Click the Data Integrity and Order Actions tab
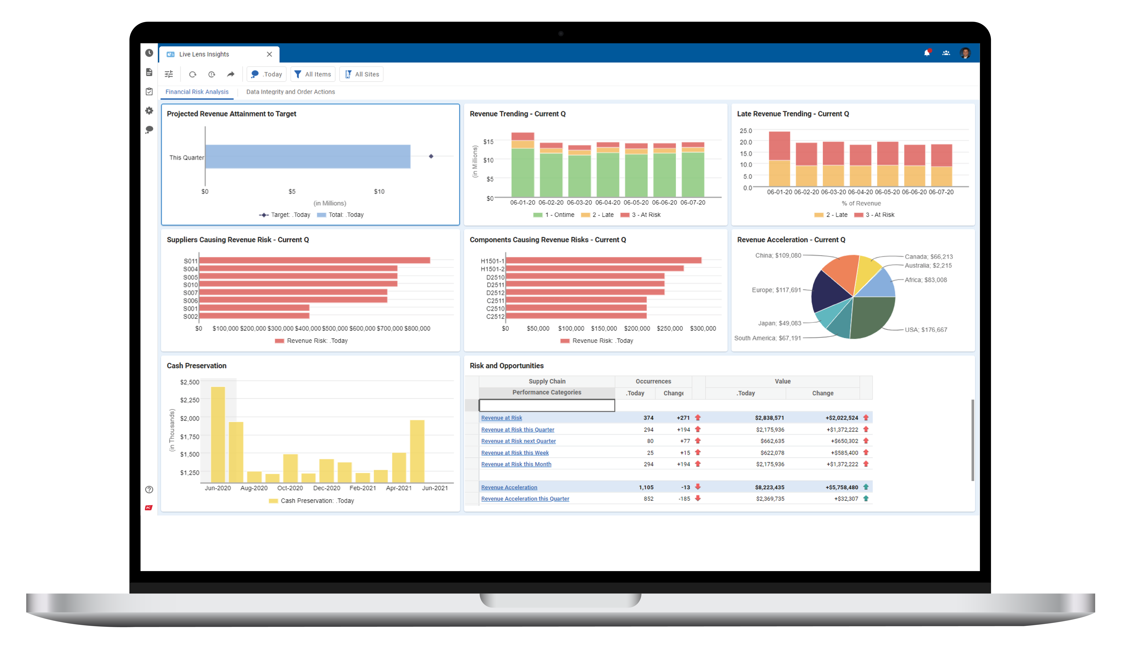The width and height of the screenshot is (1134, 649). [290, 92]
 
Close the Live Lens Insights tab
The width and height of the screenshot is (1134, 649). [269, 54]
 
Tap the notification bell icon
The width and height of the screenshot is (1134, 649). [926, 53]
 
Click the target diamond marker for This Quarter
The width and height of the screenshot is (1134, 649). [431, 156]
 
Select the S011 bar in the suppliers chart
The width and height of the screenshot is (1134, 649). [314, 260]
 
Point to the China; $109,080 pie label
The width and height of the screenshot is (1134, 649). [778, 255]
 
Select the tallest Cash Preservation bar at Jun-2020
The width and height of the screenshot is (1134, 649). [218, 435]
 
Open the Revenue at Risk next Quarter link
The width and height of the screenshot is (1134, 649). [518, 441]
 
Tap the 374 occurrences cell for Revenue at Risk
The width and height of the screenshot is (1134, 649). [648, 418]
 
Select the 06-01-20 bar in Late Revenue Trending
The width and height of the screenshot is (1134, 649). [779, 159]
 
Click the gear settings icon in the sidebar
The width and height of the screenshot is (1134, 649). [149, 110]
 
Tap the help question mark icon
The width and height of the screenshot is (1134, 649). [149, 489]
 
